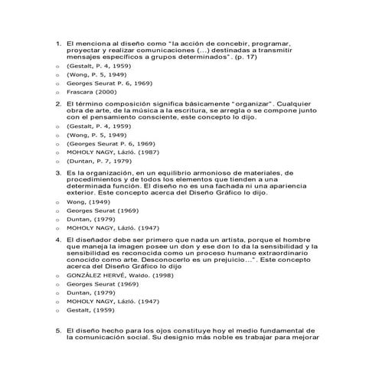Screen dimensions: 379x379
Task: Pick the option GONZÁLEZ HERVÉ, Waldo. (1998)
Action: point(109,273)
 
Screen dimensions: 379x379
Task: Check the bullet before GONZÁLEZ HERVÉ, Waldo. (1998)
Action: point(58,273)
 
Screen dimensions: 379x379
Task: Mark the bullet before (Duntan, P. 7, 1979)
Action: point(58,161)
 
